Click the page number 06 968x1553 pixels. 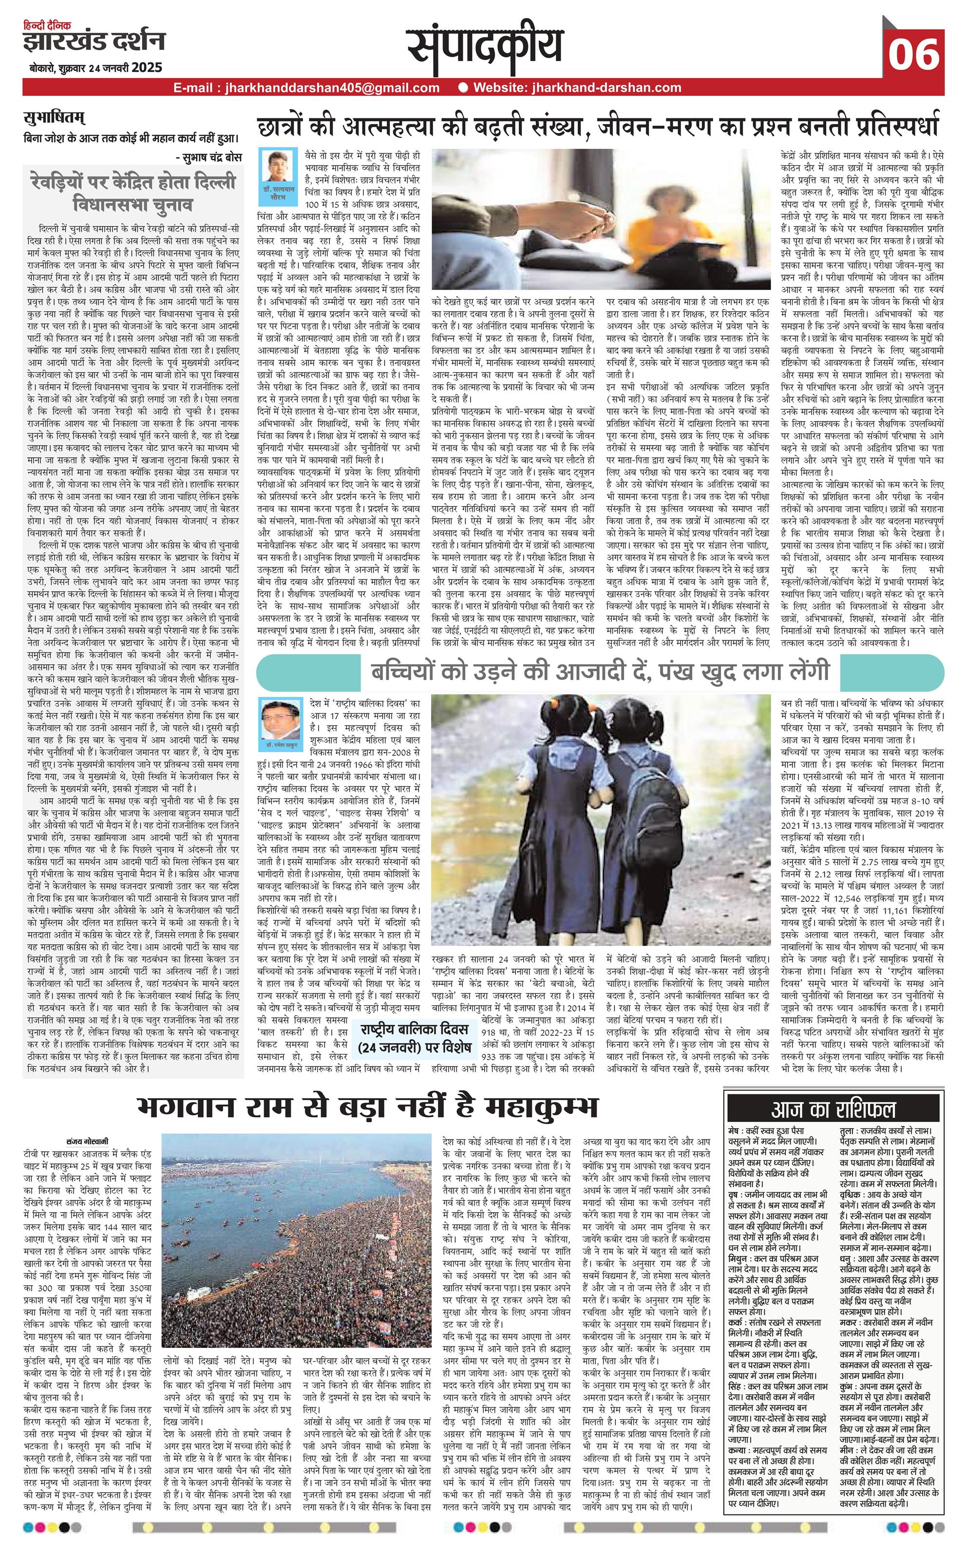(x=913, y=55)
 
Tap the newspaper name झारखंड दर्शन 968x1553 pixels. (x=94, y=42)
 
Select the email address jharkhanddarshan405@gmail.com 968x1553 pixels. (x=306, y=88)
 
